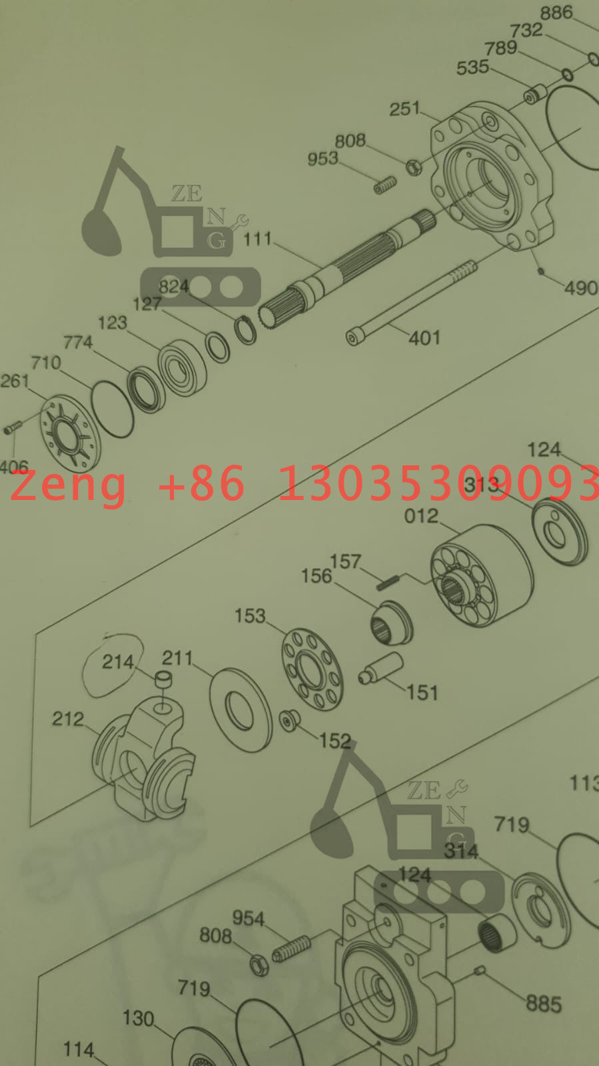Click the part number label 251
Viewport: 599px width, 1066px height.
[x=404, y=109]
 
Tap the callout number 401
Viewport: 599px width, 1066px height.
[x=424, y=339]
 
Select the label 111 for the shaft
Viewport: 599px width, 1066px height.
[x=257, y=239]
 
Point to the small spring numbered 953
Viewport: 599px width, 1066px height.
[x=385, y=185]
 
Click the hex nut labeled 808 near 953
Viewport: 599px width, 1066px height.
[x=414, y=166]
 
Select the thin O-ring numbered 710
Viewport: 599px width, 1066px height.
[x=112, y=409]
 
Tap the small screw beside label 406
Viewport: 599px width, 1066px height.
[x=13, y=426]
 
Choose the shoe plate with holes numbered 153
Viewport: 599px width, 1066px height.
[x=312, y=668]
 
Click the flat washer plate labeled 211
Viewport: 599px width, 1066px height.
[x=241, y=709]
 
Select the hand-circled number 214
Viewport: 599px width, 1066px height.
[x=117, y=662]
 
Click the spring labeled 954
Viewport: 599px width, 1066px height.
[x=292, y=948]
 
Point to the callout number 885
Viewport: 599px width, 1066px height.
[x=544, y=1004]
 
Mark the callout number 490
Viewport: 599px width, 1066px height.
[x=581, y=288]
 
